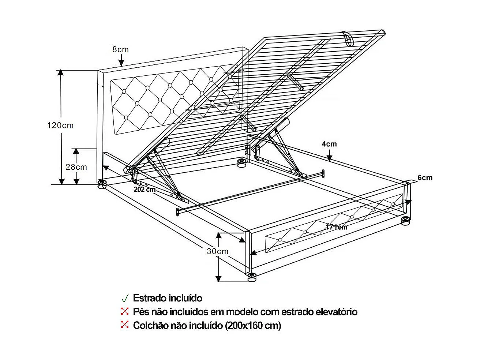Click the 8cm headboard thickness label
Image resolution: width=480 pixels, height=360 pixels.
tap(120, 49)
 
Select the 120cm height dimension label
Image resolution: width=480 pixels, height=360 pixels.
tap(60, 125)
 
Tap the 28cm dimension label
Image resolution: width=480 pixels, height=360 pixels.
tap(76, 167)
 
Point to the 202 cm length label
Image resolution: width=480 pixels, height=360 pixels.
tap(145, 190)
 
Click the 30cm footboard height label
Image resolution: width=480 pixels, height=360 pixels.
tap(218, 251)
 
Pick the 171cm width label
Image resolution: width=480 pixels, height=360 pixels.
tap(336, 227)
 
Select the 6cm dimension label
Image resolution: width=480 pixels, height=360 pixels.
tap(425, 178)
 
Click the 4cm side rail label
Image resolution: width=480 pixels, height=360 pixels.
tap(329, 144)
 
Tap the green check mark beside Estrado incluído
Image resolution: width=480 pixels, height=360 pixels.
tap(125, 298)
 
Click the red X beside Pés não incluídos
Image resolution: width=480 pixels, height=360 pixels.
tap(125, 311)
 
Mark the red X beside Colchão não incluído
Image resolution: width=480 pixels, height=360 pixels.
tap(125, 325)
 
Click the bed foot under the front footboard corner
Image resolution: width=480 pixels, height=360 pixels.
tap(252, 277)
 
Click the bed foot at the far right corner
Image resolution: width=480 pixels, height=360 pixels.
tap(405, 221)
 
